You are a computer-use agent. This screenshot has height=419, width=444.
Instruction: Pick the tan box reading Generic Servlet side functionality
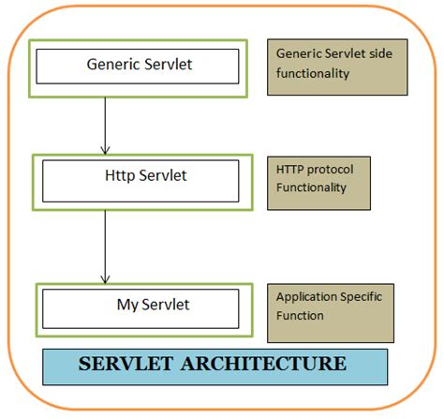coord(337,67)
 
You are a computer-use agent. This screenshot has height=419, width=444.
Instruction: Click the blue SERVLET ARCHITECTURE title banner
coord(215,366)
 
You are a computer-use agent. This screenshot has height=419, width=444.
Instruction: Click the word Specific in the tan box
coord(361,297)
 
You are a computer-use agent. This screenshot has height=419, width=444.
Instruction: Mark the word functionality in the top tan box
coord(314,73)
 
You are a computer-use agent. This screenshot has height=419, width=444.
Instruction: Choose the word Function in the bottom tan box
coord(300,316)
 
